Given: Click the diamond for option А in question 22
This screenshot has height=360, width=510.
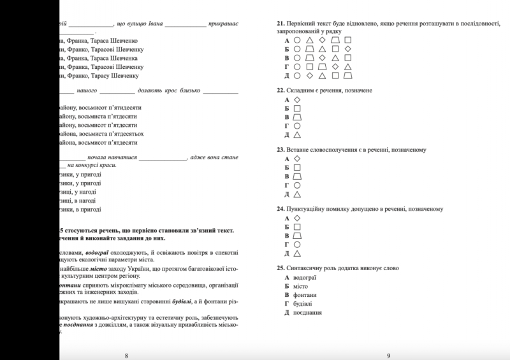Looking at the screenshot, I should point(296,100).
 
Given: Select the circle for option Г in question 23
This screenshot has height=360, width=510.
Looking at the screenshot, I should point(296,185).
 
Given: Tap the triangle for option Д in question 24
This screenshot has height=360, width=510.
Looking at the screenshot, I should point(296,253).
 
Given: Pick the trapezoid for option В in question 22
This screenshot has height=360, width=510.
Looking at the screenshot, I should point(296,117).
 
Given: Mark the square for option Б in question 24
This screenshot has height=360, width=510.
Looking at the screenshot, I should point(296,226).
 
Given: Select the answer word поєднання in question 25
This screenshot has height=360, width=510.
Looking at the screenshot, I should point(308,313).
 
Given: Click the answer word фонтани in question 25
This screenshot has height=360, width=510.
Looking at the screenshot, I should point(305,295).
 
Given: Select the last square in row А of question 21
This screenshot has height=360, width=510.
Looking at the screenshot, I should point(347,40).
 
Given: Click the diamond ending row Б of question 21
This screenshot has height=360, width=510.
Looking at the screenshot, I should point(347,48).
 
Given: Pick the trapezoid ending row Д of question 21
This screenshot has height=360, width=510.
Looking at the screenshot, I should point(347,75).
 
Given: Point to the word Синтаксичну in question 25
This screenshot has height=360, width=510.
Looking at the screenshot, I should point(305,268).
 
